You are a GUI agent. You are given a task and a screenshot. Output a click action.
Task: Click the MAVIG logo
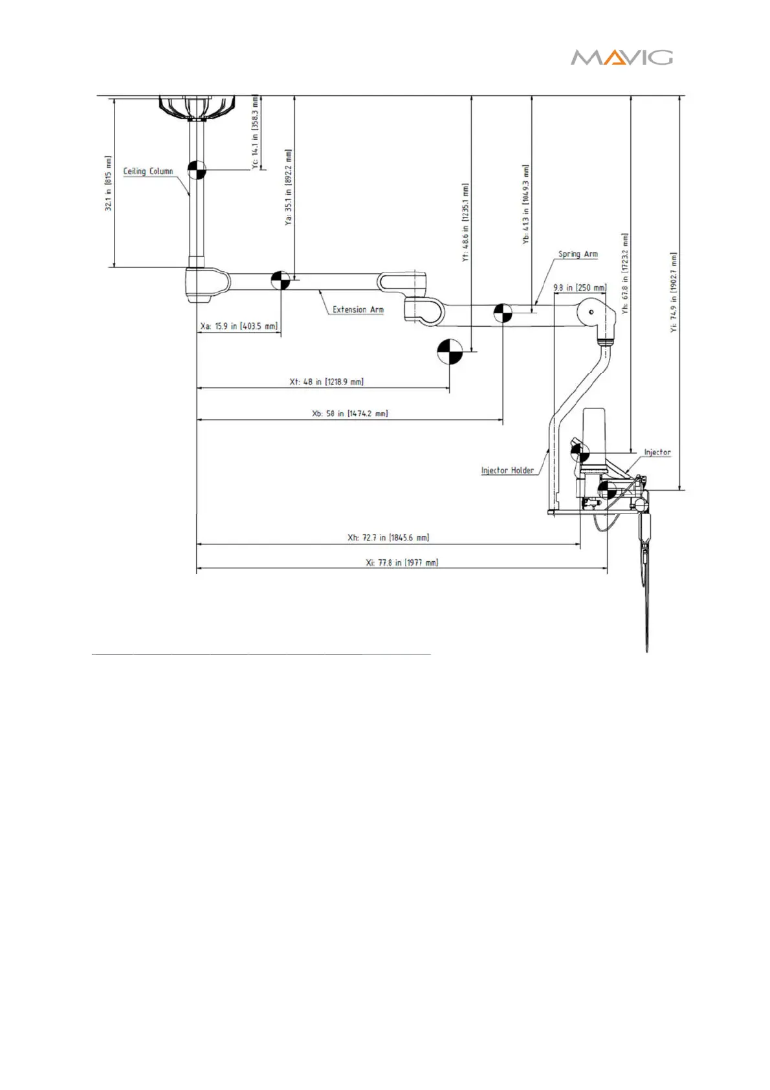[x=621, y=58]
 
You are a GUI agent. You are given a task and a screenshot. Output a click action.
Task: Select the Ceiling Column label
[x=148, y=172]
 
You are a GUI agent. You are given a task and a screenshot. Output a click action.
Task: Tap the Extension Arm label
[x=358, y=310]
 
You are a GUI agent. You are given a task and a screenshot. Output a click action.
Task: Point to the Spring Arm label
[x=578, y=254]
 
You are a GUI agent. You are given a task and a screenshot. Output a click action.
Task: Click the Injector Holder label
[x=507, y=471]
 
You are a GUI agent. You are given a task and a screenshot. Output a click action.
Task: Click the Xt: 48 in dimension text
[x=326, y=382]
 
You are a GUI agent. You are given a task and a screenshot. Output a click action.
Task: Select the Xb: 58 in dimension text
[x=349, y=414]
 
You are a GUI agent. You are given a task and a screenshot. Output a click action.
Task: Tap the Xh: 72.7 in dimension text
[x=388, y=538]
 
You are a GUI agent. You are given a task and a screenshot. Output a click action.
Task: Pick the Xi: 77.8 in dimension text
[x=402, y=562]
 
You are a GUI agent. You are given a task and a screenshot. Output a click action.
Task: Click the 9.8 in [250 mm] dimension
[x=580, y=287]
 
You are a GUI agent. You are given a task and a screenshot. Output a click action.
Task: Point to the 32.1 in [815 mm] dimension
[x=109, y=183]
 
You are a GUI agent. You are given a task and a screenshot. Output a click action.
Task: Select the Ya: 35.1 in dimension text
[x=289, y=187]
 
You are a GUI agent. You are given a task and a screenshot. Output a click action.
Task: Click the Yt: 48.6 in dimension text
[x=466, y=222]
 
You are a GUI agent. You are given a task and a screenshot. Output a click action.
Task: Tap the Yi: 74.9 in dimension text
[x=674, y=293]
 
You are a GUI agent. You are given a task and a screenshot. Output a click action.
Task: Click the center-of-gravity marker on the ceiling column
[x=197, y=170]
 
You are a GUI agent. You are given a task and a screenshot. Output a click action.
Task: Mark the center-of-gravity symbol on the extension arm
[x=280, y=280]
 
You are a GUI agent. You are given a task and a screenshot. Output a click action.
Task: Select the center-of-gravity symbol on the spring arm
[x=503, y=313]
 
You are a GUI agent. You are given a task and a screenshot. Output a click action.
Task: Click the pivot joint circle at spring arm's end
[x=591, y=312]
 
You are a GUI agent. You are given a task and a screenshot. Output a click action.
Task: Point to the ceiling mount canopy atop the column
[x=197, y=107]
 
